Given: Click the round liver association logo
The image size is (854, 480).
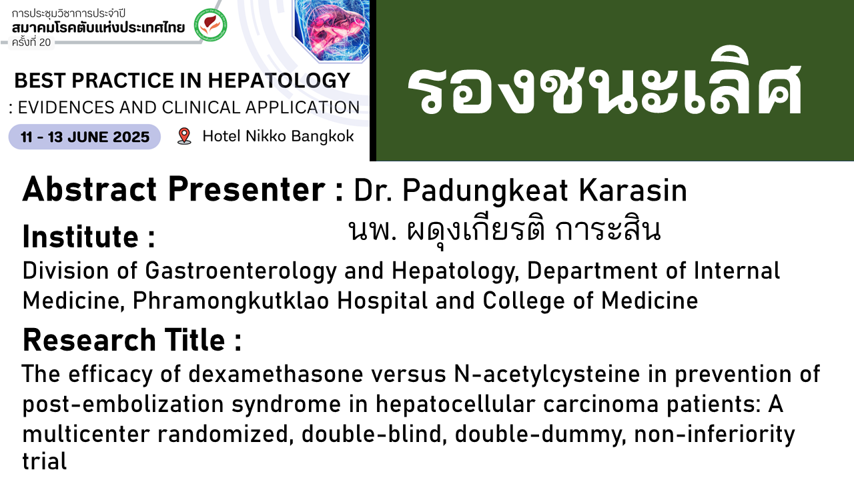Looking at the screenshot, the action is [210, 25].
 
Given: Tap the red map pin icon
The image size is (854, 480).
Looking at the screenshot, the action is [185, 136].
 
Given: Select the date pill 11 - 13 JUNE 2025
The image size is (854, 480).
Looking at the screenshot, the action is [85, 137].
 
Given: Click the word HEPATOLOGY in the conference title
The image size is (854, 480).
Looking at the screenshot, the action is [279, 81].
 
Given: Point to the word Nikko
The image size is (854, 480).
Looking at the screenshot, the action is [266, 136].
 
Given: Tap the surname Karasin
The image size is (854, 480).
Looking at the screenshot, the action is [633, 190].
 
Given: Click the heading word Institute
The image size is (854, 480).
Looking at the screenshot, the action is [81, 237].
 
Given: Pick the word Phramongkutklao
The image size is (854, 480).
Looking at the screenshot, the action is [231, 301].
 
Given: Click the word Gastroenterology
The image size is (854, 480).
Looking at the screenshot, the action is [241, 271].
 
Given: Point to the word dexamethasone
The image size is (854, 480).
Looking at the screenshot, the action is [276, 374].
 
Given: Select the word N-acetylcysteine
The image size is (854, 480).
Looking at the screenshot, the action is [546, 375].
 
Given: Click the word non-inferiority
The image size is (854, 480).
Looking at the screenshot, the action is [715, 434].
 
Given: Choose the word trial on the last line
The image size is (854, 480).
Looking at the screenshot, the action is [45, 461].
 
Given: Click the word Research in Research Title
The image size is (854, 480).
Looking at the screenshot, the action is [89, 340].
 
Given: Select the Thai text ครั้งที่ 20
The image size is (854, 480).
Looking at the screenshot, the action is [31, 42].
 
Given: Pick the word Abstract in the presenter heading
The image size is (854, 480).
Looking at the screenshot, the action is [89, 189].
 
